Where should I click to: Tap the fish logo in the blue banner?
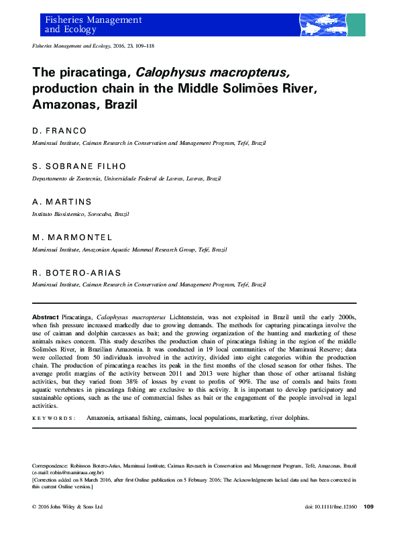(x=324, y=25)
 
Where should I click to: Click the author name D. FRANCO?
(x=60, y=131)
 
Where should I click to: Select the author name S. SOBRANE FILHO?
(x=79, y=166)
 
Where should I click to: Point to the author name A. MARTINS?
(x=62, y=202)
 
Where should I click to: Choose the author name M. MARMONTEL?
(x=72, y=237)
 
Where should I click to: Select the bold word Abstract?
(x=45, y=316)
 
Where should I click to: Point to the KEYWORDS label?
(x=54, y=417)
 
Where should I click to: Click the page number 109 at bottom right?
(x=368, y=506)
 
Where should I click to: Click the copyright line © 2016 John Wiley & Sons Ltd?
(x=67, y=506)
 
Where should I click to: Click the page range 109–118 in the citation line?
(x=163, y=46)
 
